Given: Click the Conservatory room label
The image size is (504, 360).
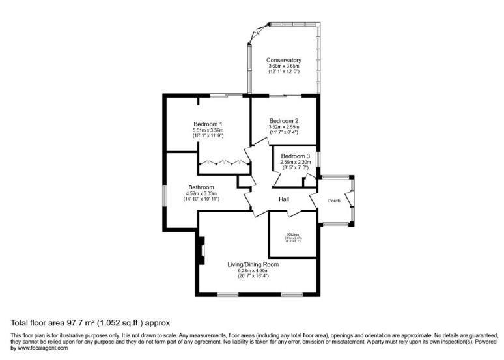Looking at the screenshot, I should point(283,60).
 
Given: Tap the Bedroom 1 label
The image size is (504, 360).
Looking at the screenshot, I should point(208,124).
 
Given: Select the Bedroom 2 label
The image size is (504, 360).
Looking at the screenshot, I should point(284,120).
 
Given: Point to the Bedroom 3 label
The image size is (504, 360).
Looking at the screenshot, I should point(296,156).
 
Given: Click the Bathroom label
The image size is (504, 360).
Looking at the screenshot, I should point(201,187).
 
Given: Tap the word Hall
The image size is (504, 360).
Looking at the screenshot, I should point(284,199).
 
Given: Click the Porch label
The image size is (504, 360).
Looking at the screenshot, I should point(334,201).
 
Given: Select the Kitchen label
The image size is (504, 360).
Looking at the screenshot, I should point(292,234).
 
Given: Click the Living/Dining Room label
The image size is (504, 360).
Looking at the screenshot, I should point(253,264).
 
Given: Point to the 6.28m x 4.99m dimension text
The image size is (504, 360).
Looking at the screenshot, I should point(253,270).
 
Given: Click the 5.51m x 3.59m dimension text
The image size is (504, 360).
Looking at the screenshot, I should point(208,130).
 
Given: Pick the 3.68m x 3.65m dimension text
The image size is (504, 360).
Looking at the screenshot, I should point(283,66).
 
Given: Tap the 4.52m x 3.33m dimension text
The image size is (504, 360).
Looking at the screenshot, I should point(202,193).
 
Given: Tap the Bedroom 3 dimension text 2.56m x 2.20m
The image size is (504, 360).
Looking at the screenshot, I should point(296,162).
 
